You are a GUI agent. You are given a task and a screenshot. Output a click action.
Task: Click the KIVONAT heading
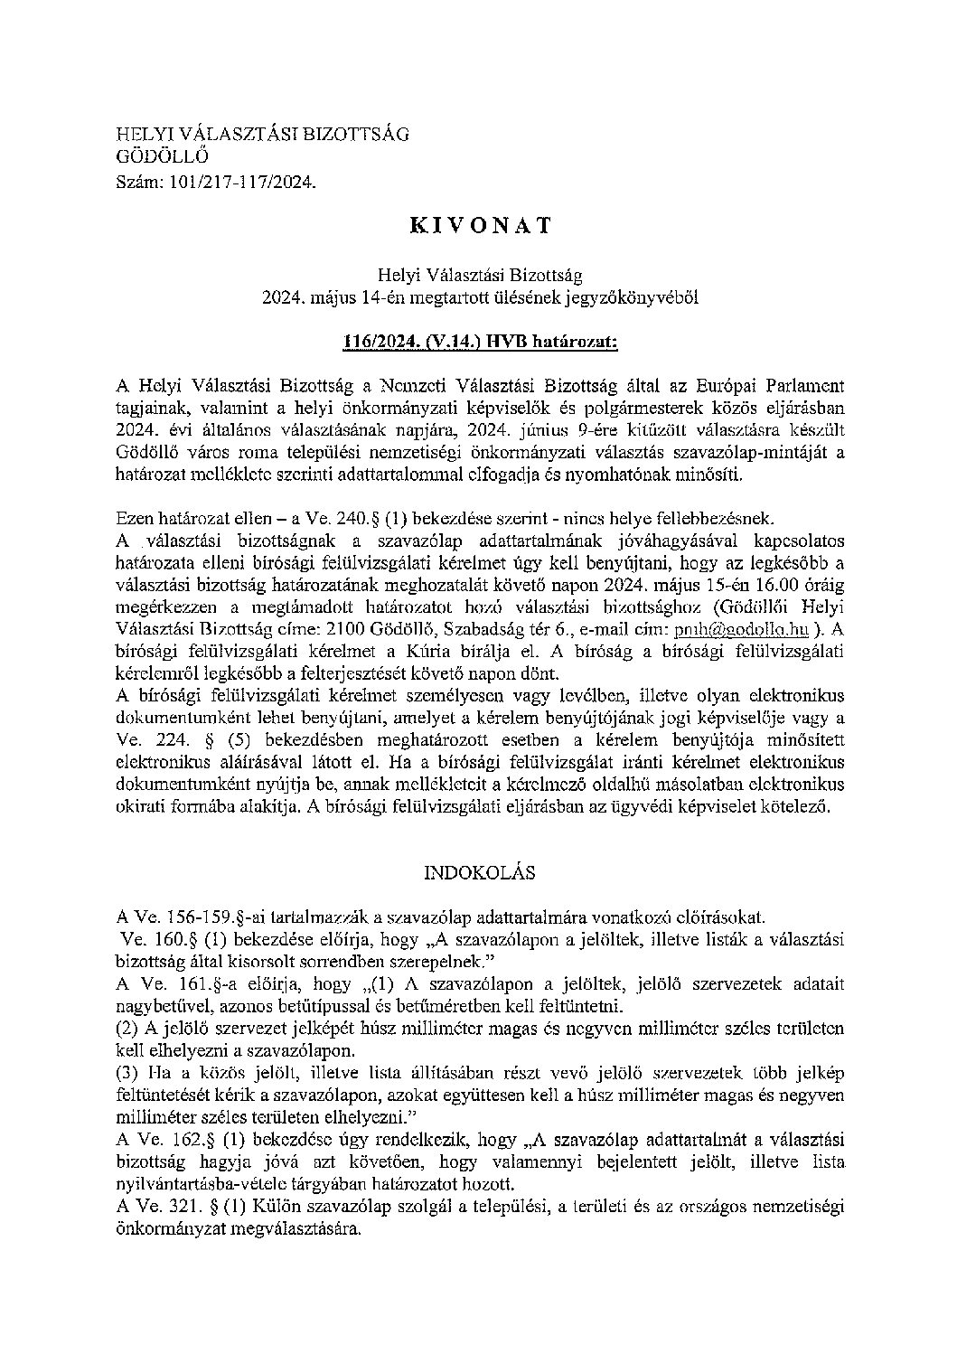coord(480,226)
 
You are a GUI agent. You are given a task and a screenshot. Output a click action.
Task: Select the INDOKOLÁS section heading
coord(479,873)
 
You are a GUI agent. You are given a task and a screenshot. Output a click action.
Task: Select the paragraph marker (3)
coord(128,1073)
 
